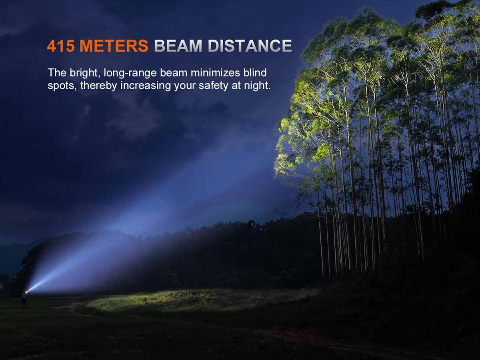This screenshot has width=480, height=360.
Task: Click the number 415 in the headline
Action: [x=61, y=46]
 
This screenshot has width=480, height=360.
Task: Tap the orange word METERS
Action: [x=114, y=46]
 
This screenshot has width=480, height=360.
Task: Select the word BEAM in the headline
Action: [x=178, y=46]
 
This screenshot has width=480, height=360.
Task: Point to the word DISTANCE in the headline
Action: [x=250, y=46]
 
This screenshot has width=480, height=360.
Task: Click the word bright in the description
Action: [x=84, y=73]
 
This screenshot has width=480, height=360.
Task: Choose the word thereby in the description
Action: [x=99, y=86]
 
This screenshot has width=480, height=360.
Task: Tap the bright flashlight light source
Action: [x=27, y=292]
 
